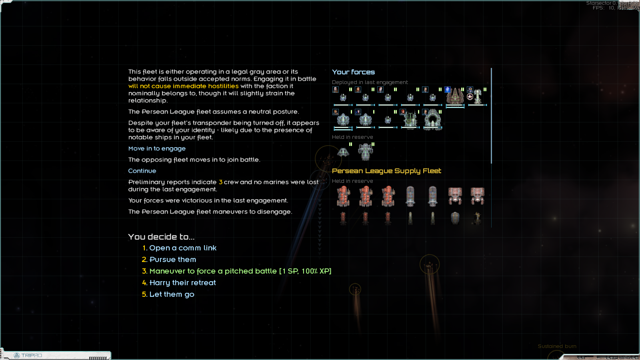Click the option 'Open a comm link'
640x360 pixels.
(x=182, y=248)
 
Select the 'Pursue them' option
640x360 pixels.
(x=172, y=260)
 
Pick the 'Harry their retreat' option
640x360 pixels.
(x=182, y=283)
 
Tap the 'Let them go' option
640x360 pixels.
(x=172, y=294)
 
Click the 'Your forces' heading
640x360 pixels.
(x=353, y=72)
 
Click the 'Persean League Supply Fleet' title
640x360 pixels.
(x=386, y=171)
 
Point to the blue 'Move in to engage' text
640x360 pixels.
(x=157, y=148)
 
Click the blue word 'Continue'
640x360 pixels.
(x=142, y=171)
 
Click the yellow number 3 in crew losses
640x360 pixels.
(x=220, y=182)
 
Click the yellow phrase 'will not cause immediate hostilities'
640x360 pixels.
(x=183, y=86)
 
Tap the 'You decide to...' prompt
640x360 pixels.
(x=161, y=237)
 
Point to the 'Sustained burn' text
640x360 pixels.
(x=557, y=346)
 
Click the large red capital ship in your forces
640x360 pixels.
(x=455, y=97)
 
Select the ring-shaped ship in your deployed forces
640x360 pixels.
(x=432, y=120)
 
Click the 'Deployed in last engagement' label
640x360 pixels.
(x=370, y=82)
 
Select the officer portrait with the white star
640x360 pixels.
(x=470, y=96)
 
